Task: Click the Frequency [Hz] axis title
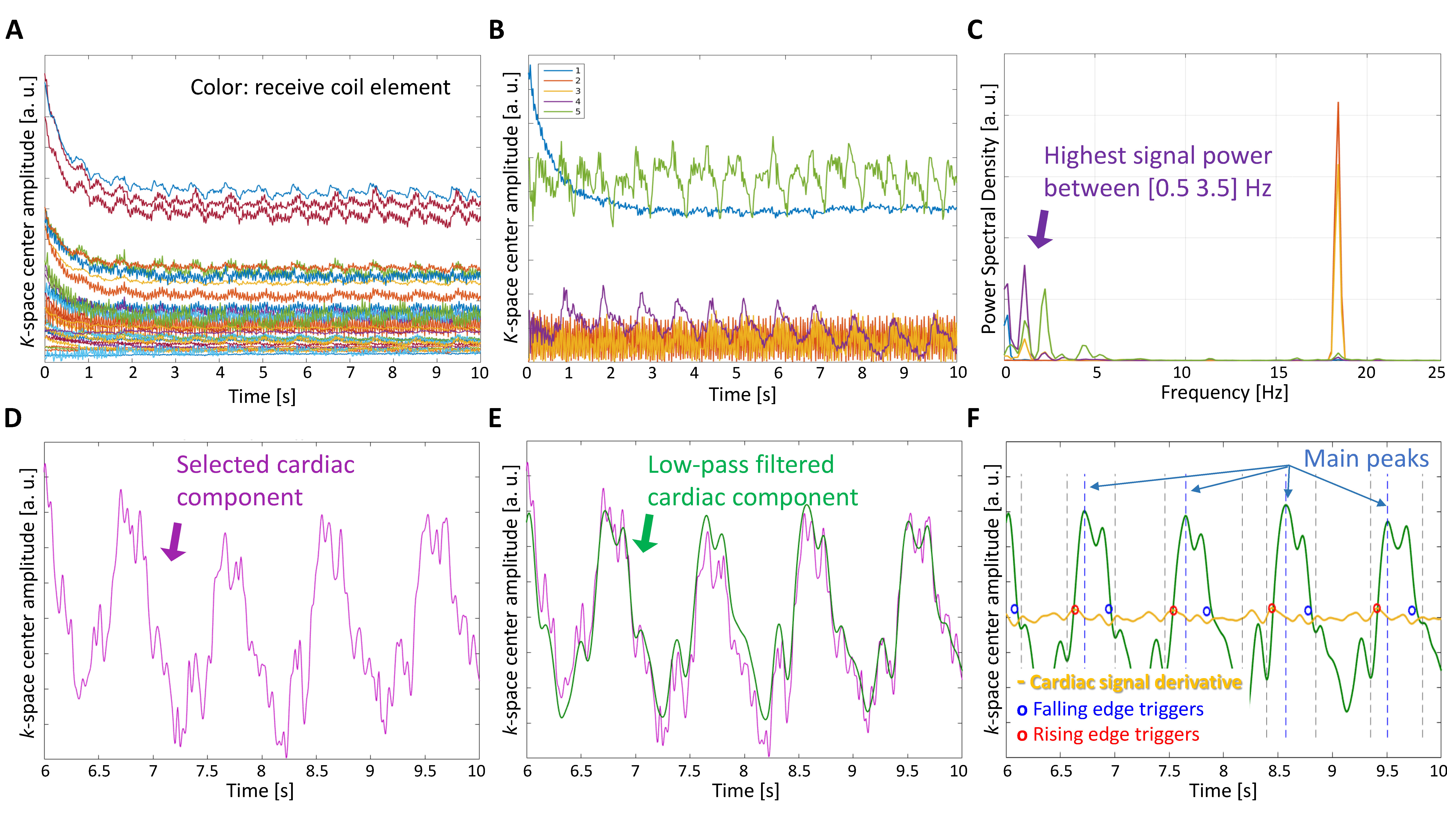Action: [x=1225, y=392]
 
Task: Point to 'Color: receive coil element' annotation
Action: [x=320, y=88]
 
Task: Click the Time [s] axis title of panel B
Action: [x=742, y=394]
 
